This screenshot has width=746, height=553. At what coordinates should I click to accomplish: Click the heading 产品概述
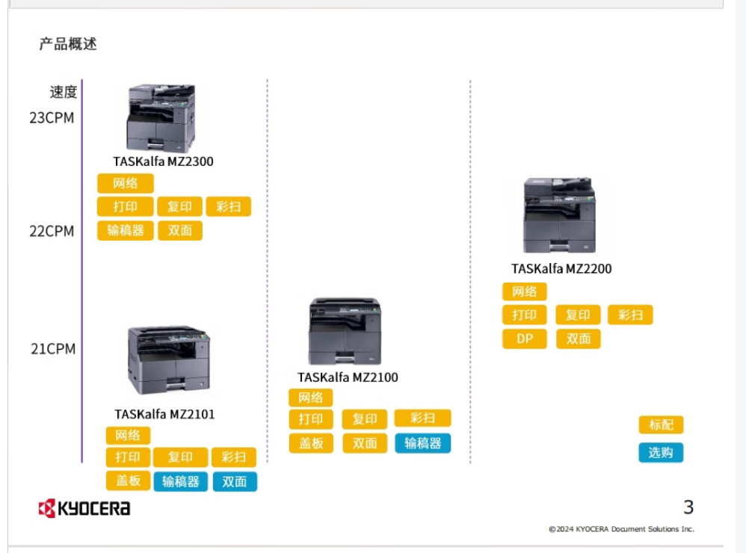pos(68,44)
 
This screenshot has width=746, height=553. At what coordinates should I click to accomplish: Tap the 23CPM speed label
pos(52,117)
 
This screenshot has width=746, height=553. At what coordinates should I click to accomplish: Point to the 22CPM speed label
pos(52,231)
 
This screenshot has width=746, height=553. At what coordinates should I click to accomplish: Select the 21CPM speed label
pos(53,348)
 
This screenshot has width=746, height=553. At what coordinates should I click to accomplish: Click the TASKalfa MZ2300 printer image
pos(161,118)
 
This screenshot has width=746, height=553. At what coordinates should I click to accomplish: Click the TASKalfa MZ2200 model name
pos(561,269)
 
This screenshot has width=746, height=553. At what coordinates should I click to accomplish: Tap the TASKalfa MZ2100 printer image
pos(345,331)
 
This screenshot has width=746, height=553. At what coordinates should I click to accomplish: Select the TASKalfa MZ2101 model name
pos(164,414)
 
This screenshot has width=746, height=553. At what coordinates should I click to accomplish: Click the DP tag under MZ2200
pos(524,339)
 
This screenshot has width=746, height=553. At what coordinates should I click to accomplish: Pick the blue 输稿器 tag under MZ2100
pos(422,443)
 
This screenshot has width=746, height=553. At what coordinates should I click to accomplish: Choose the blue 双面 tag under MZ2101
pos(235,482)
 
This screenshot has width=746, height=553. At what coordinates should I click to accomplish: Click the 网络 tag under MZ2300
pos(126,184)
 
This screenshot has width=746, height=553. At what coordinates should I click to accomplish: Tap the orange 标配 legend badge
pos(661,424)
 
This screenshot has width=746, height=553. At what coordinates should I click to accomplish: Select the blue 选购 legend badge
pos(661,452)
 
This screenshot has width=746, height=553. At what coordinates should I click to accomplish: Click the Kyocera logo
pos(84,508)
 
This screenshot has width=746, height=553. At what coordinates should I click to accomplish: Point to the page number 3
pos(688,507)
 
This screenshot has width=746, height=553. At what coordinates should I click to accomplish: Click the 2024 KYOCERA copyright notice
pos(621,529)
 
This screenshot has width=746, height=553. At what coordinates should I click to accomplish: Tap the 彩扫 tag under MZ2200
pos(630,315)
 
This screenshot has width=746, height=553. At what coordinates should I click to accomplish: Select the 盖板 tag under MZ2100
pos(311,443)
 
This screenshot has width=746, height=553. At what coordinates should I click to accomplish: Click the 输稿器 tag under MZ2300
pos(126,231)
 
